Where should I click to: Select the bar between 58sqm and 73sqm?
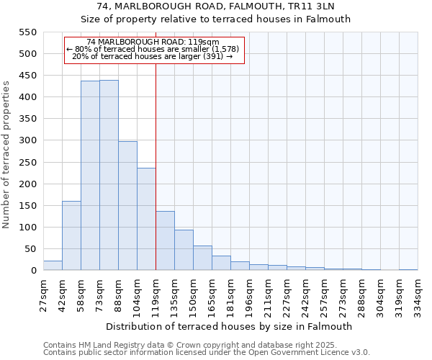coord(90,176)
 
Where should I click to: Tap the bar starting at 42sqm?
coord(71,235)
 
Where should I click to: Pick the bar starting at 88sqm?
coord(127,206)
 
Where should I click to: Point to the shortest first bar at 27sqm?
coord(53,266)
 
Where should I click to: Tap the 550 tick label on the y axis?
coord(27,32)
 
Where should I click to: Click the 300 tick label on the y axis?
coord(27,140)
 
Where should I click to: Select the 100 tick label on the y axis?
coord(27,228)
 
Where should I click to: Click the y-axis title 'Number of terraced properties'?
coord(6,155)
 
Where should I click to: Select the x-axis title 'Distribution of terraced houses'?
coord(230,326)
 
